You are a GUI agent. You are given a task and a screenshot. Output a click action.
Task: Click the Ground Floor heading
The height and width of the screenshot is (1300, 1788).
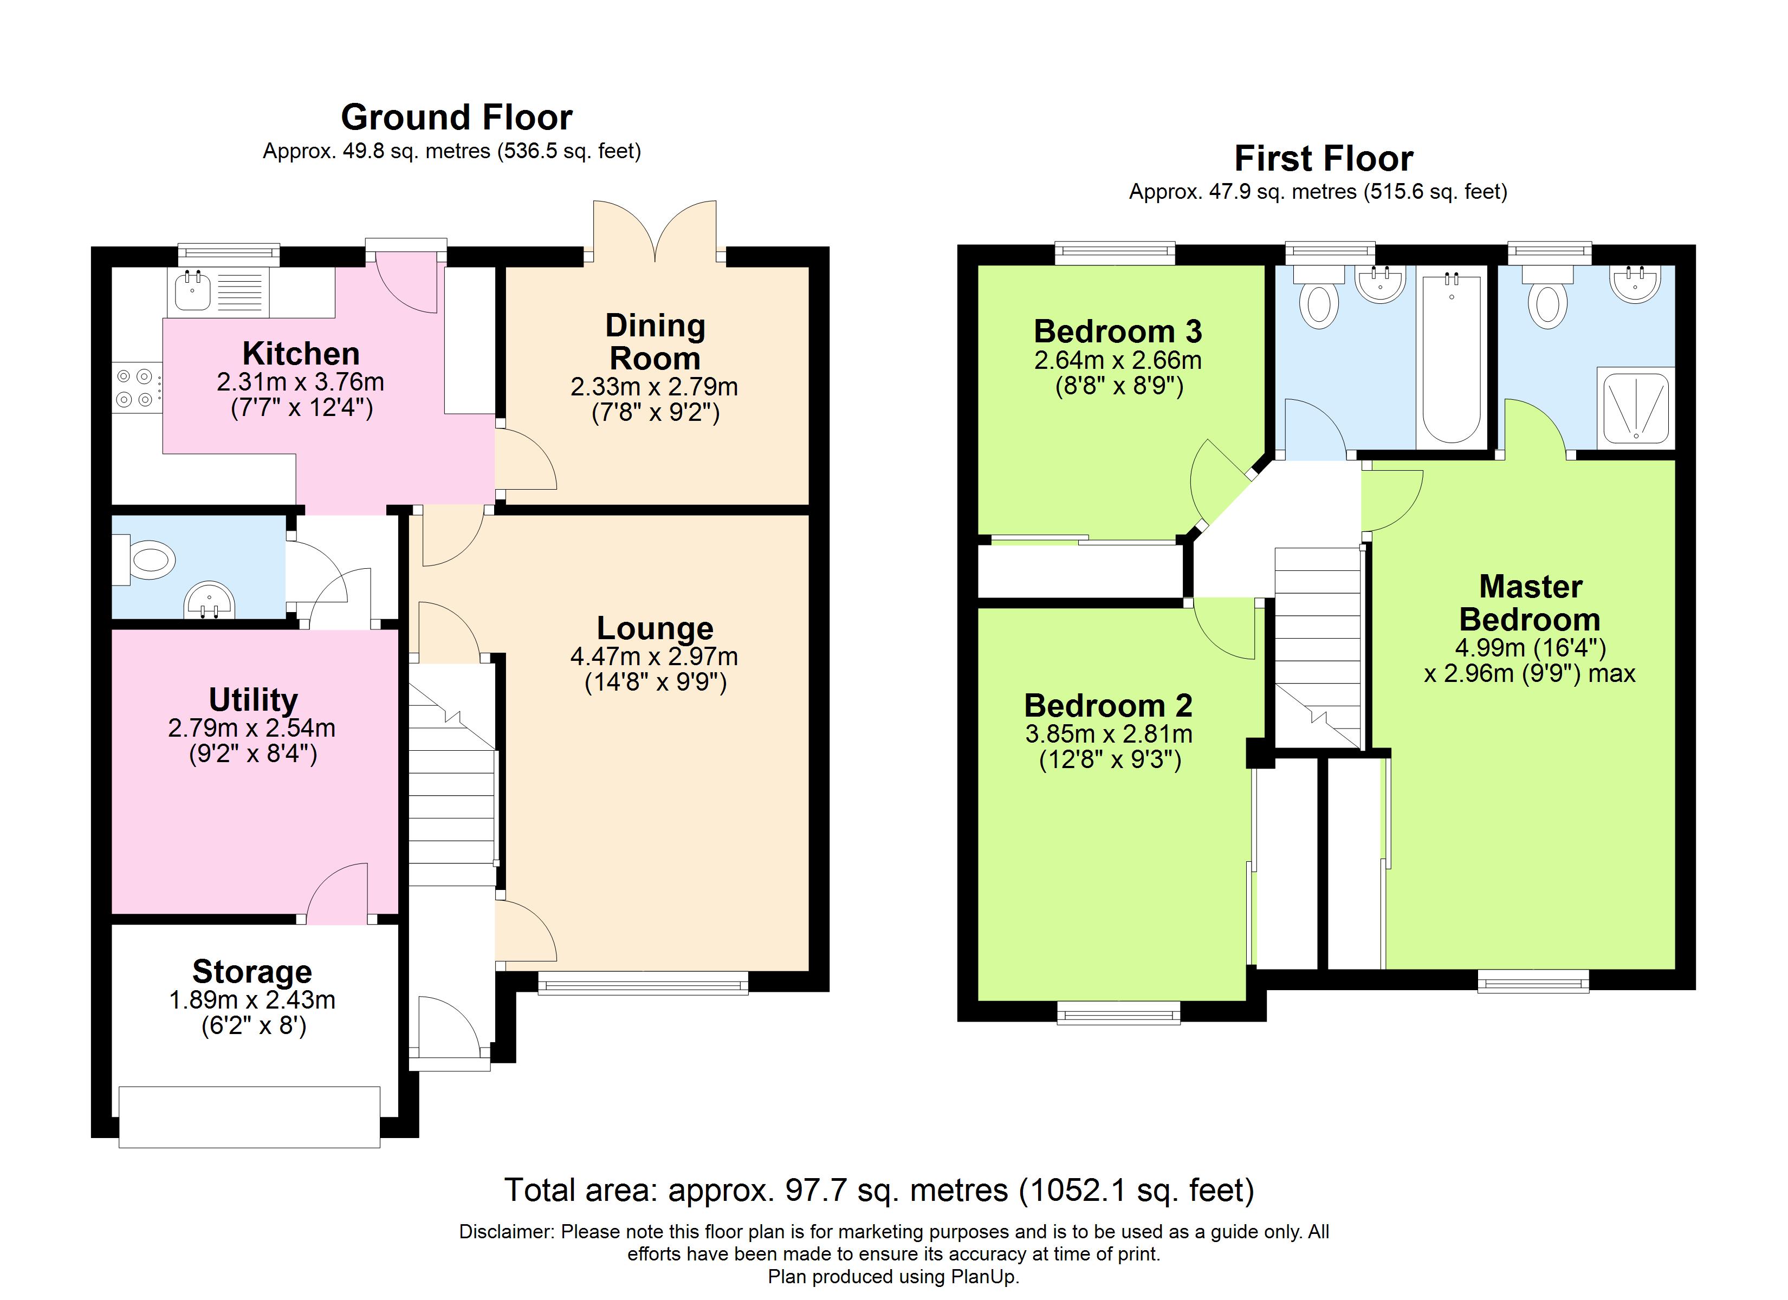tap(456, 118)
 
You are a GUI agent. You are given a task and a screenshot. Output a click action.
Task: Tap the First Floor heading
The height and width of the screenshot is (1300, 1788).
tap(1323, 159)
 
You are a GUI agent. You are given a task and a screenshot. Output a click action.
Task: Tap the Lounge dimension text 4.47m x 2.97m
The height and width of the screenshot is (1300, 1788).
tap(655, 656)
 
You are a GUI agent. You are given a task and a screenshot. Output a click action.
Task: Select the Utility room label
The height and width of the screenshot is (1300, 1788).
tap(253, 699)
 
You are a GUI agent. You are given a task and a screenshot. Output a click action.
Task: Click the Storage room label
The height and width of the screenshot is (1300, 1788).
tap(252, 971)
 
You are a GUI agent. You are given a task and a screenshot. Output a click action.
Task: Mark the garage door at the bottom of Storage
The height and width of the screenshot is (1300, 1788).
tap(249, 1116)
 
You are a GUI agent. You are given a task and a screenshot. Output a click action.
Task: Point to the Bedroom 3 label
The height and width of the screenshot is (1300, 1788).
tap(1117, 331)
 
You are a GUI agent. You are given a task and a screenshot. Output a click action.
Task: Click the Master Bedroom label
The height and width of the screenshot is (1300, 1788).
tap(1530, 603)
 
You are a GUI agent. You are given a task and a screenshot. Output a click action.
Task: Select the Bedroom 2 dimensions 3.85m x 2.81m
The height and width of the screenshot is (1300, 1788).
tap(1109, 734)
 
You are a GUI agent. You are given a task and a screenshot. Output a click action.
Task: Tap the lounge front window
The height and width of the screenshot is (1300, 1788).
tap(643, 982)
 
